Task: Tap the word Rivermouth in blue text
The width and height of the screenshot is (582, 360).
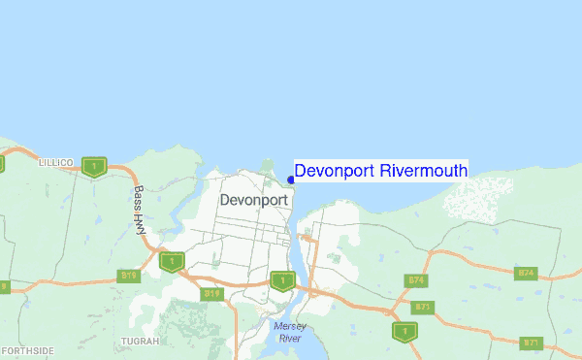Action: coord(424,171)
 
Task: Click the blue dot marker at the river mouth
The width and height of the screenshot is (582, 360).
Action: coord(291,179)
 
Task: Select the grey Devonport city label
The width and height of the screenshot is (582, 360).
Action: coord(253,200)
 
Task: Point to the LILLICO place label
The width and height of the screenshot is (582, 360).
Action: coord(55,163)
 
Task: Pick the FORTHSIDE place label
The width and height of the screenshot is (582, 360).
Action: coord(27,350)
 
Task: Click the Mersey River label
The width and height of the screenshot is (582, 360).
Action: coord(289,332)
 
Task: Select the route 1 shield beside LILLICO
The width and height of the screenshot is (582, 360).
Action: coord(94,167)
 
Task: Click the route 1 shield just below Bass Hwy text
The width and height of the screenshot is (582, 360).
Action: coord(172,262)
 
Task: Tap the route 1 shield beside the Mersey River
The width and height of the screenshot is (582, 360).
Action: coord(281,281)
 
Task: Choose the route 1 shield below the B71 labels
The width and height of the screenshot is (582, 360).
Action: coord(404,331)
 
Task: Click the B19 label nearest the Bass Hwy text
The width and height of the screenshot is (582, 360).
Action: coord(129,276)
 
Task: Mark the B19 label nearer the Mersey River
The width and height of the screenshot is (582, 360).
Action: coord(212,292)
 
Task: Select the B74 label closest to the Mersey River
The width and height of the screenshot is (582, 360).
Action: coord(417,280)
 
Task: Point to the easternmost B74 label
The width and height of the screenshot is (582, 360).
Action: coord(527,274)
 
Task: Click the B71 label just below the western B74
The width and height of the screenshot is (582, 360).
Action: coord(422,307)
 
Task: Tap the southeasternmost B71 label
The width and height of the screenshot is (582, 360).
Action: coord(531,343)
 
